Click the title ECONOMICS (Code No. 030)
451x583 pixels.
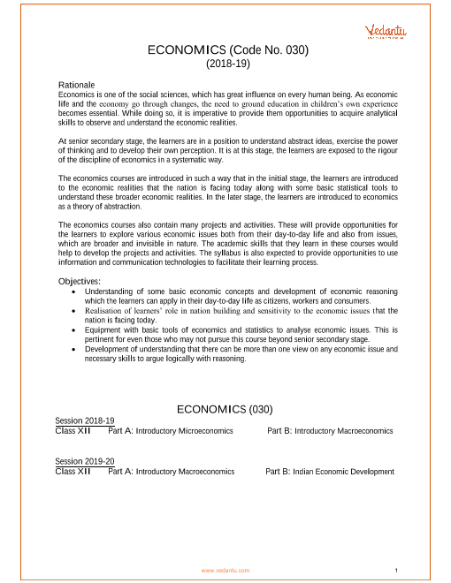(227, 51)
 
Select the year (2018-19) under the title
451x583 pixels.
(227, 65)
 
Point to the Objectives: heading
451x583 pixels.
(80, 281)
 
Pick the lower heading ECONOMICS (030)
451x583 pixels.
(227, 409)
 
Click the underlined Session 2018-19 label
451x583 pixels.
(85, 421)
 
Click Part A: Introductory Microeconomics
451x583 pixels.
(171, 430)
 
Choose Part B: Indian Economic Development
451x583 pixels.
(330, 472)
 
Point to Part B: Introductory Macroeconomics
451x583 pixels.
(330, 430)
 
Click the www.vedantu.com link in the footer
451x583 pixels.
(225, 570)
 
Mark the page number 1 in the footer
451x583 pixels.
(400, 570)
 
